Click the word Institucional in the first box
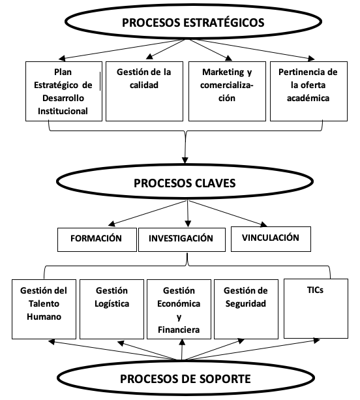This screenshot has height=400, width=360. tap(63, 111)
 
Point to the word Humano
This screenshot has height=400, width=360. tap(44, 316)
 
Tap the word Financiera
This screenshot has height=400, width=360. tap(179, 330)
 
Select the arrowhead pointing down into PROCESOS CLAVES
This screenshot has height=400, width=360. tap(185, 160)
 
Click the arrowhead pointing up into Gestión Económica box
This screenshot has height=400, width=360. tap(182, 343)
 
